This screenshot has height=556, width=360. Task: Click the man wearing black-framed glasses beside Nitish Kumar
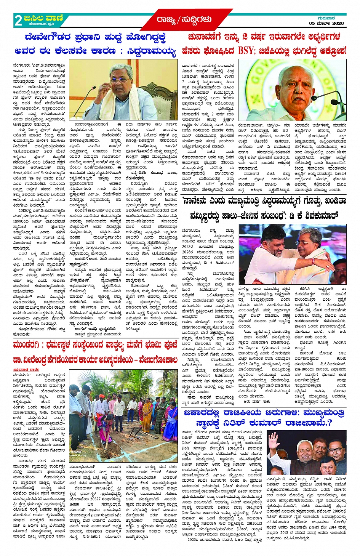336,450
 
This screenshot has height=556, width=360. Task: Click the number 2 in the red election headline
245,37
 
